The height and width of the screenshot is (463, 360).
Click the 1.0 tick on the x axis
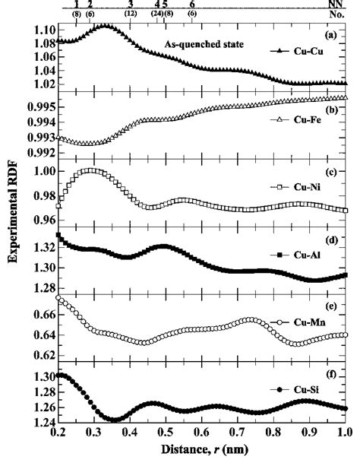click(344, 439)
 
